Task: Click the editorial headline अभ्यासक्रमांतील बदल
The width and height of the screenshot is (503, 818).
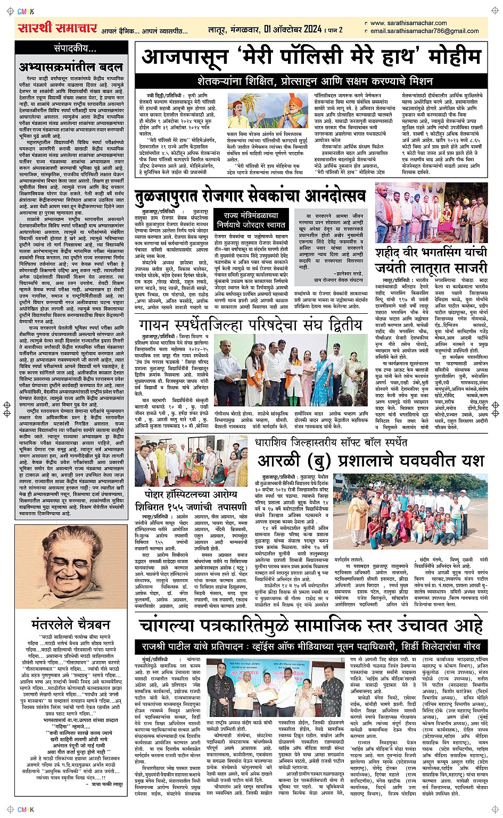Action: pyautogui.click(x=70, y=67)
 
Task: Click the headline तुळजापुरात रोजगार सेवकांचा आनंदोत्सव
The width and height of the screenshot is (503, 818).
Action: pyautogui.click(x=250, y=195)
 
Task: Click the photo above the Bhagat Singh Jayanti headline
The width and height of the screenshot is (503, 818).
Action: pyautogui.click(x=431, y=213)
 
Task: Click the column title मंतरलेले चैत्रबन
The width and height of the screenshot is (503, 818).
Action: pyautogui.click(x=70, y=623)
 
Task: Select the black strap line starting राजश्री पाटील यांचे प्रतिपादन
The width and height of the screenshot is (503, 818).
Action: pyautogui.click(x=314, y=646)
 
